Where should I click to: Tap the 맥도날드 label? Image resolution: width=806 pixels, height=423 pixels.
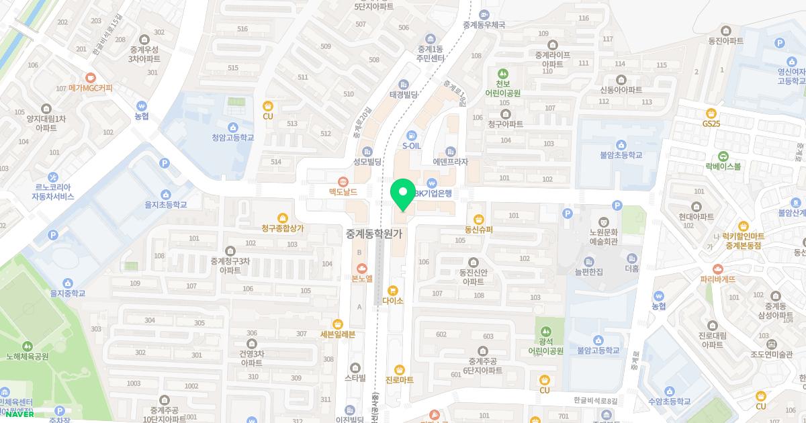coord(343,191)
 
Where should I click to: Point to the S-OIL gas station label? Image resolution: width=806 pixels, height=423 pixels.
coord(412,145)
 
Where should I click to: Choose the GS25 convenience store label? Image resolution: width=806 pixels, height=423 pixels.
coord(711,124)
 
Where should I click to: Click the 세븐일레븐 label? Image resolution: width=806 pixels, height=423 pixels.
coord(337,334)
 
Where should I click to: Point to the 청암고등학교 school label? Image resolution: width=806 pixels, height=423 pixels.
coord(233,137)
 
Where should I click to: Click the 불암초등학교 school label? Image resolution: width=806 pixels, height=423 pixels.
coord(621,154)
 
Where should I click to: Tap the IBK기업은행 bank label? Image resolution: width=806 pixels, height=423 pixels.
coord(435,193)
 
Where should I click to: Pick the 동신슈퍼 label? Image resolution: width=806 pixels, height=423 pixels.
coord(478,229)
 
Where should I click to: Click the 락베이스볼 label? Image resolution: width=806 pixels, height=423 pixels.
coord(723,166)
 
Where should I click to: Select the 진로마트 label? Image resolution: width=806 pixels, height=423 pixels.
coord(399,380)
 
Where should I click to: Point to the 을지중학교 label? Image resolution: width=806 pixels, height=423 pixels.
coord(68,293)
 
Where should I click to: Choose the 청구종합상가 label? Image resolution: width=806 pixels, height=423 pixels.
coord(283,228)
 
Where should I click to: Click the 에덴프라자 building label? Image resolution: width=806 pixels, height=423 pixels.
coord(450,162)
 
